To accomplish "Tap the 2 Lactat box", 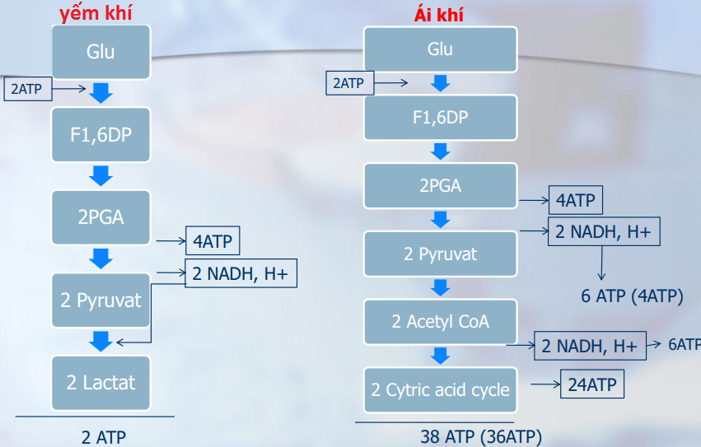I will click(x=100, y=382).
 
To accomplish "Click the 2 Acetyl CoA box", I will click(x=441, y=321).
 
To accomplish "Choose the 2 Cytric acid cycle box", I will click(x=441, y=390).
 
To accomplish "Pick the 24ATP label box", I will click(x=591, y=384).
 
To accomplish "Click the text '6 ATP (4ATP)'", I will click(x=632, y=296).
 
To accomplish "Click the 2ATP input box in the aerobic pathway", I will click(x=349, y=83).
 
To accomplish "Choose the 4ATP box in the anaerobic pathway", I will click(x=213, y=242).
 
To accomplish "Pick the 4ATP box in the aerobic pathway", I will click(x=576, y=200).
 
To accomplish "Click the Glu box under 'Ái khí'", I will click(x=441, y=49).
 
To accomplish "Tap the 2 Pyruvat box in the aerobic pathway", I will click(x=441, y=254).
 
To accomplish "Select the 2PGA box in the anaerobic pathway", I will click(x=100, y=217).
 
